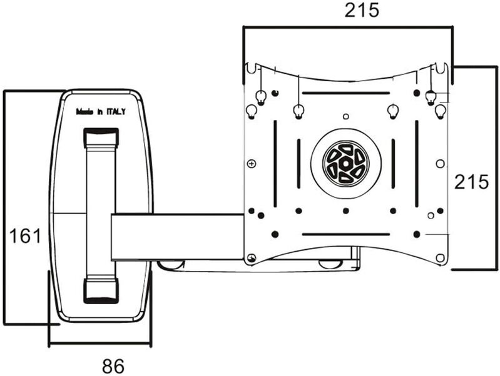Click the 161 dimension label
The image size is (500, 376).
(26, 236)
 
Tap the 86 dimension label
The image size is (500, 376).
(113, 366)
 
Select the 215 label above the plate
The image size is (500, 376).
(362, 11)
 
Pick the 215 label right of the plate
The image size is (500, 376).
(471, 182)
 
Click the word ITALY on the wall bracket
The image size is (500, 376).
(116, 112)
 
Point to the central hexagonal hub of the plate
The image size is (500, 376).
(345, 164)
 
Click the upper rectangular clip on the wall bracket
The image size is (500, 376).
(101, 137)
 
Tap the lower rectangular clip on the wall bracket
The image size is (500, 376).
(101, 290)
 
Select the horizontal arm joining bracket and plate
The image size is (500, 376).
(177, 237)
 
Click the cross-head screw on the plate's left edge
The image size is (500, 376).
(252, 164)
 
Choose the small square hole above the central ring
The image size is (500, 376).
(345, 117)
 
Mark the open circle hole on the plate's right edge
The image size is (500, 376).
(440, 164)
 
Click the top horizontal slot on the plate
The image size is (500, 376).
(346, 93)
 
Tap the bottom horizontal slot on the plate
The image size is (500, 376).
(346, 234)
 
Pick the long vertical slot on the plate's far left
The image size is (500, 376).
(275, 164)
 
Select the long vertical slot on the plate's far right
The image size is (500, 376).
(416, 164)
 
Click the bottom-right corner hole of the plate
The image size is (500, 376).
(440, 257)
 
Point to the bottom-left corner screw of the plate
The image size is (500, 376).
(252, 257)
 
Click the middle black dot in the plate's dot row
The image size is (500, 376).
(345, 210)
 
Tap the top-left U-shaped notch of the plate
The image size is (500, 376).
(252, 69)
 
